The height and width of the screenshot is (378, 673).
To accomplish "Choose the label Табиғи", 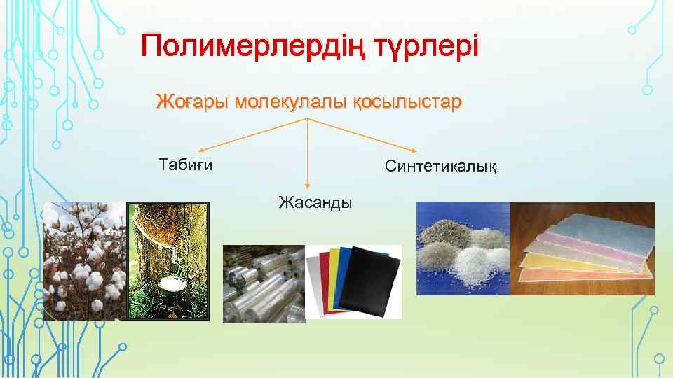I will point(186,165).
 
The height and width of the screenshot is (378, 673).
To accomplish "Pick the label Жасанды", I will point(315,203).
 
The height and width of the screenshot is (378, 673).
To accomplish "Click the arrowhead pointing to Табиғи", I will point(200,150).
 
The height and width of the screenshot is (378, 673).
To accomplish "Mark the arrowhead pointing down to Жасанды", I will point(308,186).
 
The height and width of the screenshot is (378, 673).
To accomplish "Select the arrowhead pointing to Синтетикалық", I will point(415,150).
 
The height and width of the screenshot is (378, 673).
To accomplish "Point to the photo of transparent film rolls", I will point(264,283).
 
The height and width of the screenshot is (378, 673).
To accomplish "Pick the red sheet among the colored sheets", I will point(324,276).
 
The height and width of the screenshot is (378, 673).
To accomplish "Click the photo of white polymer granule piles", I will point(463,248).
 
